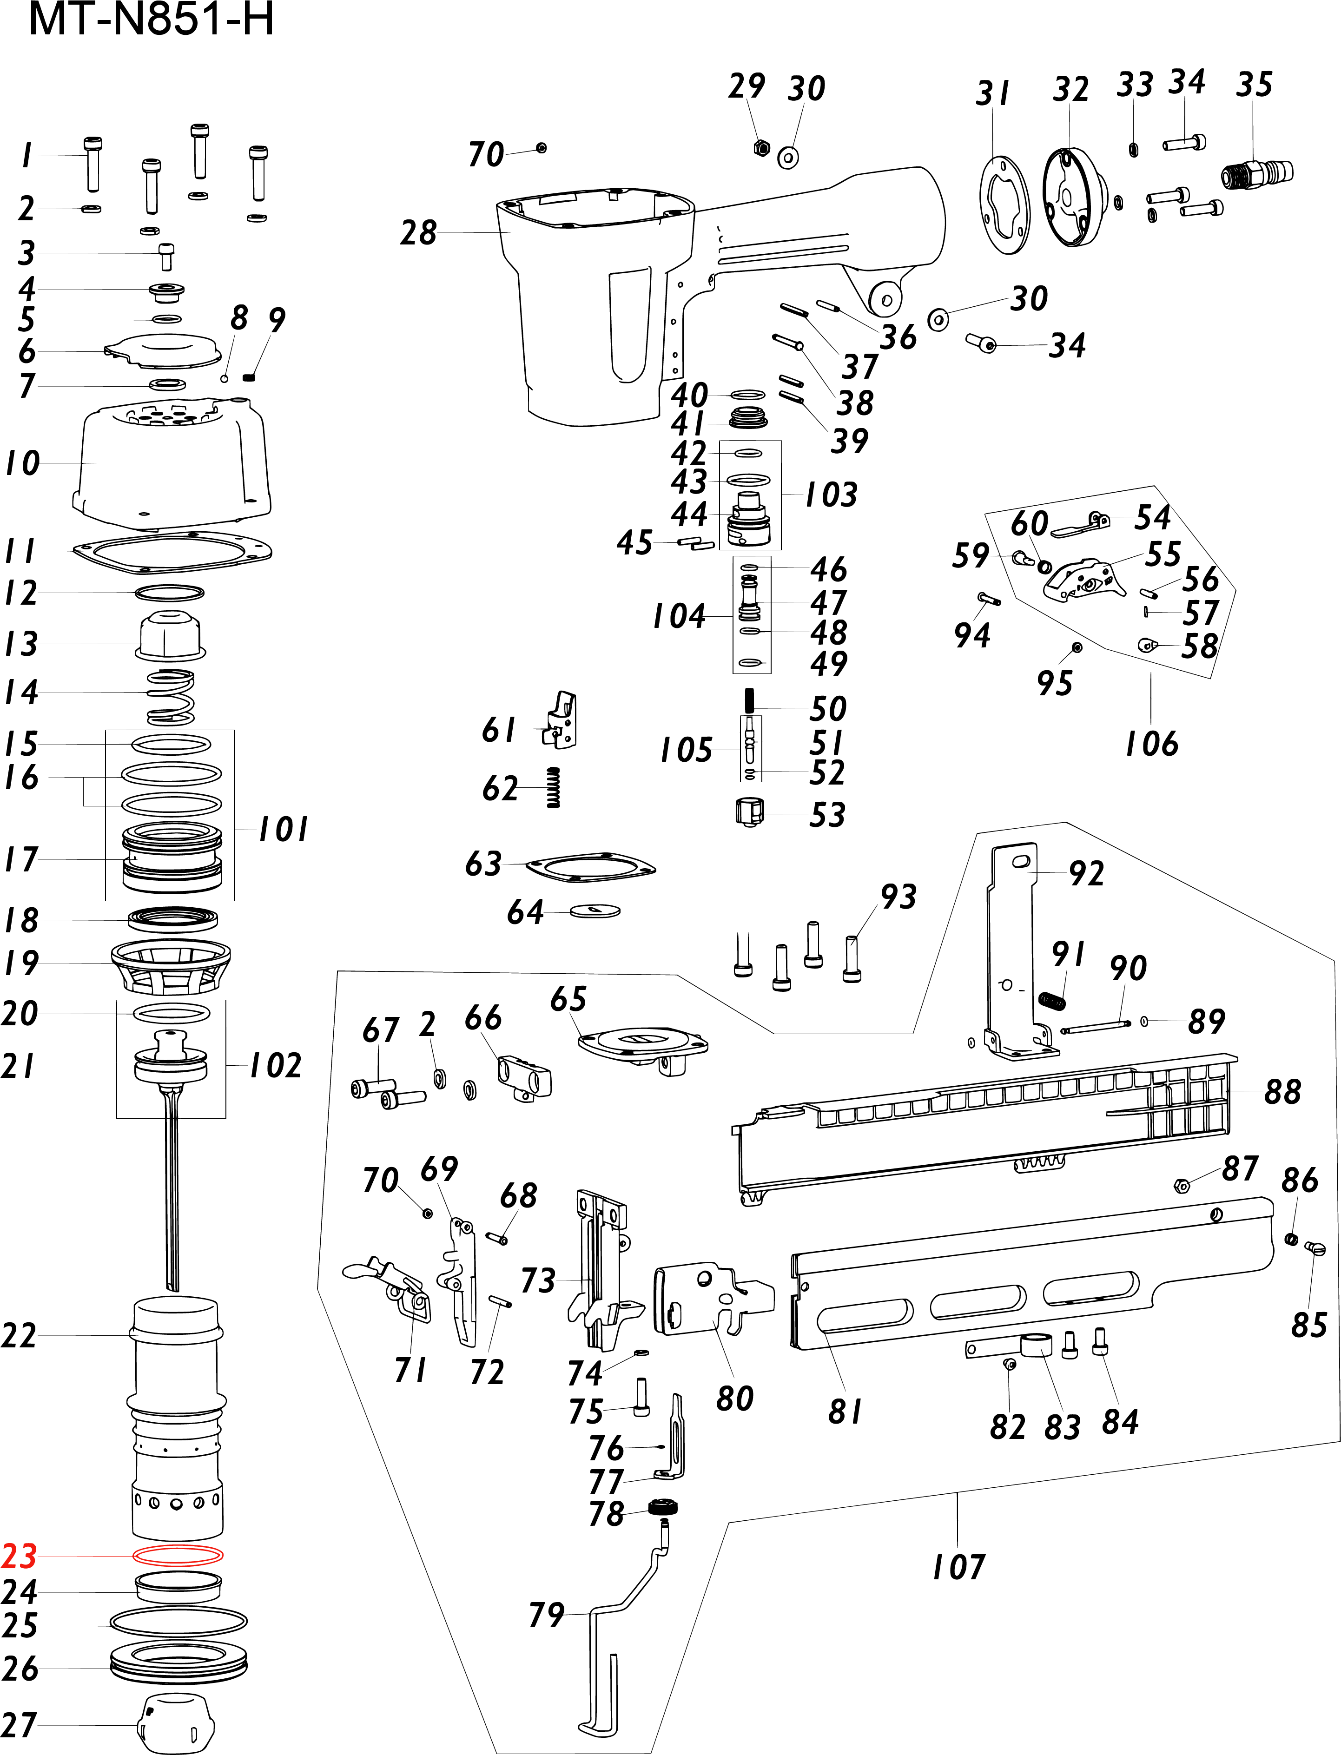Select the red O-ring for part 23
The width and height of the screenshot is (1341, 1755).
click(x=177, y=1556)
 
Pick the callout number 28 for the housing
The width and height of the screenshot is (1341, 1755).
click(x=418, y=233)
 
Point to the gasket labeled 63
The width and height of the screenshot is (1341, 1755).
click(x=591, y=867)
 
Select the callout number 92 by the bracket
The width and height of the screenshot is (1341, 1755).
click(x=1086, y=874)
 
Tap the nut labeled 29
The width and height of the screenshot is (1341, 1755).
click(x=761, y=148)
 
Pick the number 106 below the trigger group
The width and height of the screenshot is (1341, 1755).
click(x=1151, y=743)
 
